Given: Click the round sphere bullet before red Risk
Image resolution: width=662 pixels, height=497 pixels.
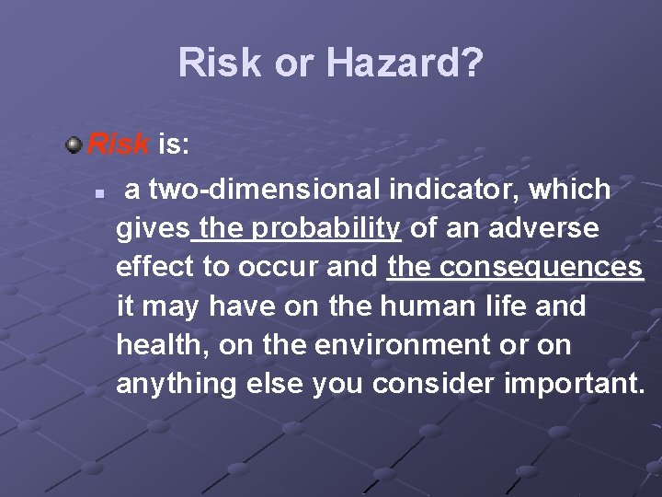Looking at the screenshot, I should [74, 144].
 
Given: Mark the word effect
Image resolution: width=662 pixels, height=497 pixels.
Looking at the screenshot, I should [154, 267].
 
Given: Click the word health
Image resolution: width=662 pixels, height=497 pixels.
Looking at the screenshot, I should [159, 345].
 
